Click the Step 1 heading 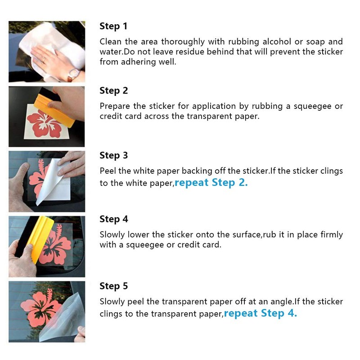(x=113, y=26)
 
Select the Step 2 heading (x=114, y=91)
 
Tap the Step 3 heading (x=114, y=155)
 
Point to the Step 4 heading (x=114, y=219)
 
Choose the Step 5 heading (x=114, y=286)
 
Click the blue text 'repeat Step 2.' (x=211, y=183)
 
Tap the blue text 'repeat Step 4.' (x=261, y=313)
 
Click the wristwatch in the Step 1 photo (x=73, y=75)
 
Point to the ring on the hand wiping (x=44, y=60)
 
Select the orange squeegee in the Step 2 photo (x=54, y=110)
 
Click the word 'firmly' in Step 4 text (x=332, y=234)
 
